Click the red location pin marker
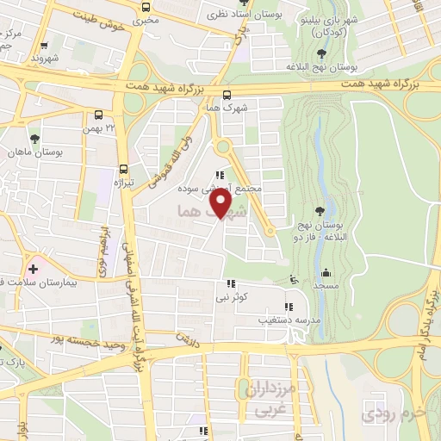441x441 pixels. (220, 203)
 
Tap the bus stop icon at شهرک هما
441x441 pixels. (227, 96)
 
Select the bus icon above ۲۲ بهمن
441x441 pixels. (100, 114)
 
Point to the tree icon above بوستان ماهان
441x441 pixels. (34, 139)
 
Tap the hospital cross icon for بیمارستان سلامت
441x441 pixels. (34, 270)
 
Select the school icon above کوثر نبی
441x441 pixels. (230, 283)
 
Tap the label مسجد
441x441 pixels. (324, 285)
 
